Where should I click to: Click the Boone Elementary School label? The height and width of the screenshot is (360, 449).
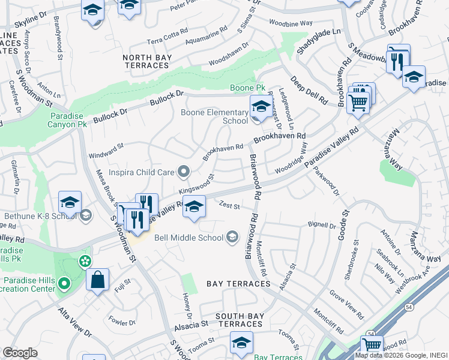tap(214, 116)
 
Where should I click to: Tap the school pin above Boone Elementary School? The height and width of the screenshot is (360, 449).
tap(260, 107)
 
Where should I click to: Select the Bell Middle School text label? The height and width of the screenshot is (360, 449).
tap(188, 238)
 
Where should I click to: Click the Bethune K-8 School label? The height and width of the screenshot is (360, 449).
tap(37, 215)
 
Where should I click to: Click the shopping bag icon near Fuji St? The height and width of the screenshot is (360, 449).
tap(97, 280)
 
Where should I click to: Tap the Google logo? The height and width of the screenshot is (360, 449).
tap(20, 353)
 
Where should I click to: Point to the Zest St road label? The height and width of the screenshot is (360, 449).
tap(229, 206)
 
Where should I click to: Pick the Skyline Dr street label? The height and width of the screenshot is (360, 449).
tap(24, 20)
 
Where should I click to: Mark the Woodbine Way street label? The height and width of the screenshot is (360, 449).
tap(291, 23)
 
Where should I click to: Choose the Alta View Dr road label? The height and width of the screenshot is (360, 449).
tap(74, 322)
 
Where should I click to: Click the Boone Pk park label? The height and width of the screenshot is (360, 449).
tap(248, 88)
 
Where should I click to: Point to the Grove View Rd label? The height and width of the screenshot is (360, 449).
tap(346, 304)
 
